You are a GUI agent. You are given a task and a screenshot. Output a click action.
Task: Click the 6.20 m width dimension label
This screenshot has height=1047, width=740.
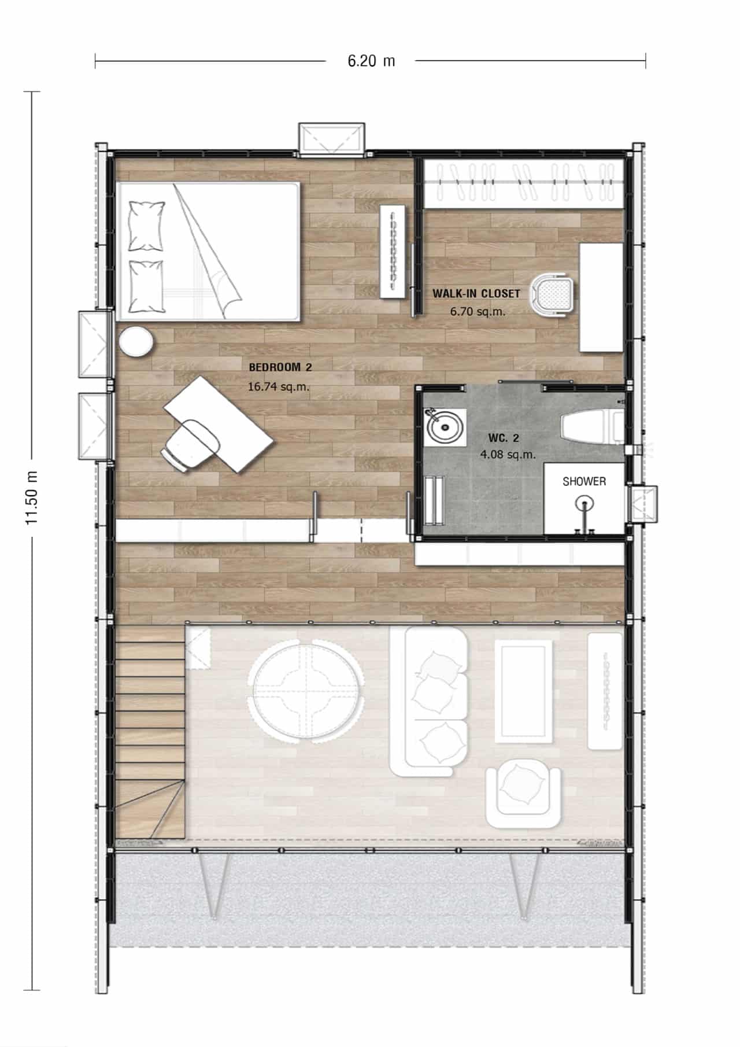371,61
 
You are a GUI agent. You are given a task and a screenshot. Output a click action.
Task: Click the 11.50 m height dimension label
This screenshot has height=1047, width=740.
32,497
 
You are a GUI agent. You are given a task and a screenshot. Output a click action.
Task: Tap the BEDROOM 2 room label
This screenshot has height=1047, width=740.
280,367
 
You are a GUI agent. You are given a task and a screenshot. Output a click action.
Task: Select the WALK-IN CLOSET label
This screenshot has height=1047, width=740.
476,293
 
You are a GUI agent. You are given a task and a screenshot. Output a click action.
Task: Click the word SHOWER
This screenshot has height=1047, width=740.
584,481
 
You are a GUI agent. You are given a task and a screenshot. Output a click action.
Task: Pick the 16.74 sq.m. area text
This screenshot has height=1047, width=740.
279,386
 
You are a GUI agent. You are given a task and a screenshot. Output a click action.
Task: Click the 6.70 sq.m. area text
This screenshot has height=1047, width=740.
478,311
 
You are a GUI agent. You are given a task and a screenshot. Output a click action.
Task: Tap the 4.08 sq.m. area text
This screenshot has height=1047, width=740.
508,455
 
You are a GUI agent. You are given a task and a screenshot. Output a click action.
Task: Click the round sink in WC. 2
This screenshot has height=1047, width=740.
445,427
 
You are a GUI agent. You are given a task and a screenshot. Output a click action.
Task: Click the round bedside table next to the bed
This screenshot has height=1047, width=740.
136,341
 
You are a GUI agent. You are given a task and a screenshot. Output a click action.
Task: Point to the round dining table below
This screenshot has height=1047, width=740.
306,690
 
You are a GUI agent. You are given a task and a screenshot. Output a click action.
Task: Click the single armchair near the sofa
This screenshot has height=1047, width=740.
523,792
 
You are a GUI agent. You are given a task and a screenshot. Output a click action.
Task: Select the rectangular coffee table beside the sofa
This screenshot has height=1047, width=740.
523,691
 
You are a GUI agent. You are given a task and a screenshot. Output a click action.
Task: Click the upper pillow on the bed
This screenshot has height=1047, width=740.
146,226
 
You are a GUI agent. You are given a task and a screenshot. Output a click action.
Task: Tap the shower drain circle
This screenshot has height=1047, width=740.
585,501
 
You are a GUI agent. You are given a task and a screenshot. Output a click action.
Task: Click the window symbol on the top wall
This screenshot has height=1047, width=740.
332,139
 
